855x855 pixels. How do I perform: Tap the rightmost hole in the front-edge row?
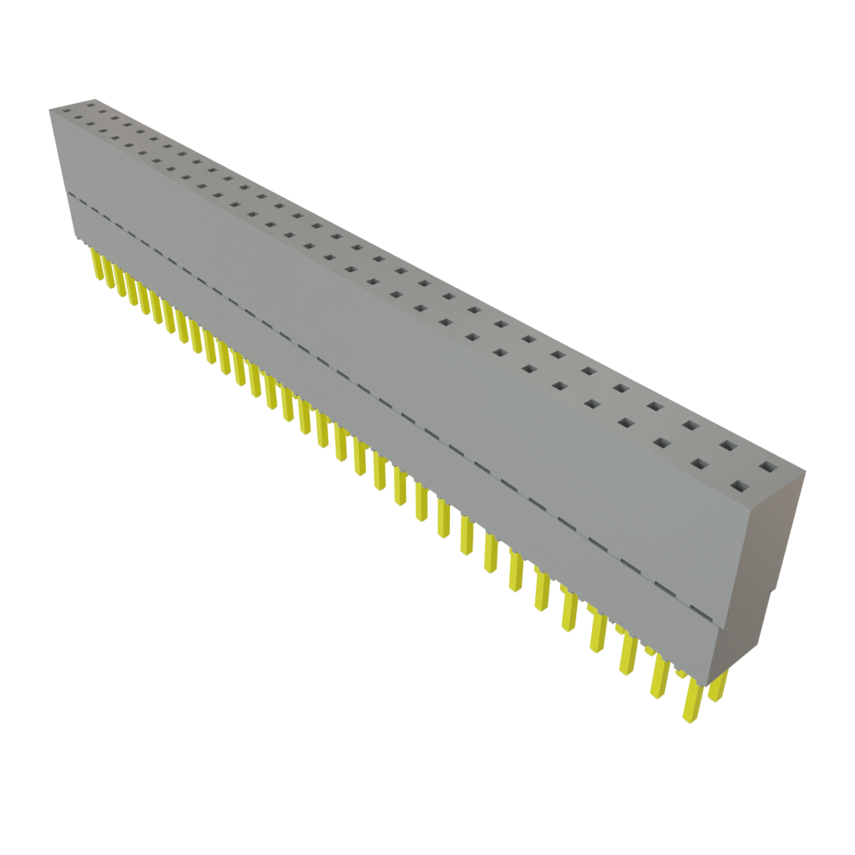tap(738, 485)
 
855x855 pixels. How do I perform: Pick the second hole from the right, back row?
tap(728, 445)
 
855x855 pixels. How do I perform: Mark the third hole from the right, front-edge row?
tap(661, 442)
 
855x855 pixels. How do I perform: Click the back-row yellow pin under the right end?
tap(717, 685)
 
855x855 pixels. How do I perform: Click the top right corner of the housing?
tap(805, 473)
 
